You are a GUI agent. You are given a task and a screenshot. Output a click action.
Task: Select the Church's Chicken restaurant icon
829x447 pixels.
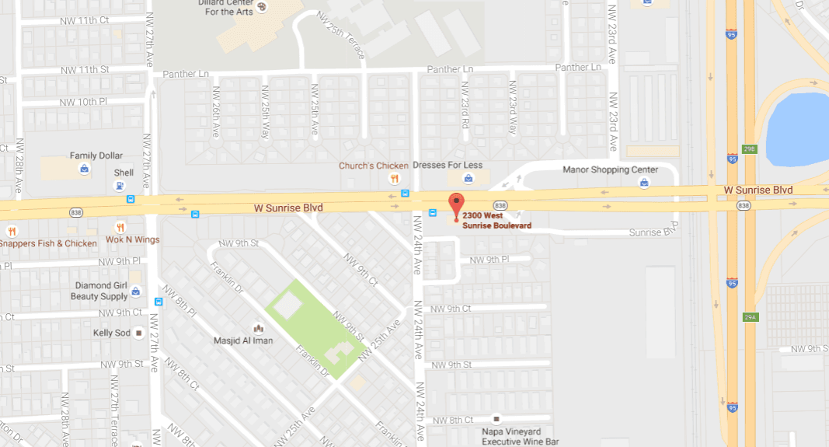point(395,180)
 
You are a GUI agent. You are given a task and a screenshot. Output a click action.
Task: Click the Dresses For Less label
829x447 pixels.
point(448,166)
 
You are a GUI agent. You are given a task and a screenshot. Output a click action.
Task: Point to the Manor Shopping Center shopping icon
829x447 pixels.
point(643,183)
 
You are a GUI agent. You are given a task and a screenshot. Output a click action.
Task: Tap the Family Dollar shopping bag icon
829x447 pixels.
point(83,168)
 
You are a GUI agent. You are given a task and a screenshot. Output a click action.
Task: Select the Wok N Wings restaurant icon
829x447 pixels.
point(120,227)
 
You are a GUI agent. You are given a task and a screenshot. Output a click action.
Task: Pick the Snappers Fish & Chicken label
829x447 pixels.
point(48,243)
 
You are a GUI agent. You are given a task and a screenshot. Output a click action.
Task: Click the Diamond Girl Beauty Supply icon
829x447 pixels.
point(136,292)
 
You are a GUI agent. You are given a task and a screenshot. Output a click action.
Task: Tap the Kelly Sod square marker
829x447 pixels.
point(139,333)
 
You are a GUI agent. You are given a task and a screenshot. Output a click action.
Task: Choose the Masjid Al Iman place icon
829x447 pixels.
point(259,328)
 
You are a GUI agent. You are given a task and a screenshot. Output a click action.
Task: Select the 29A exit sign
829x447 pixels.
point(749,317)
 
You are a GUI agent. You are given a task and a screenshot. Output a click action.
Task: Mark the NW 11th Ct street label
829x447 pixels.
point(84,19)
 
